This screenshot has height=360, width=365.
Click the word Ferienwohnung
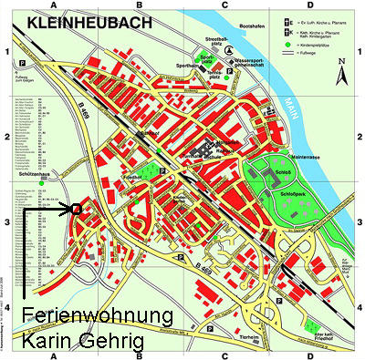click(x=97, y=316)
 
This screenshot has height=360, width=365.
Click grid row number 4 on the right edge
click(x=359, y=306)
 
